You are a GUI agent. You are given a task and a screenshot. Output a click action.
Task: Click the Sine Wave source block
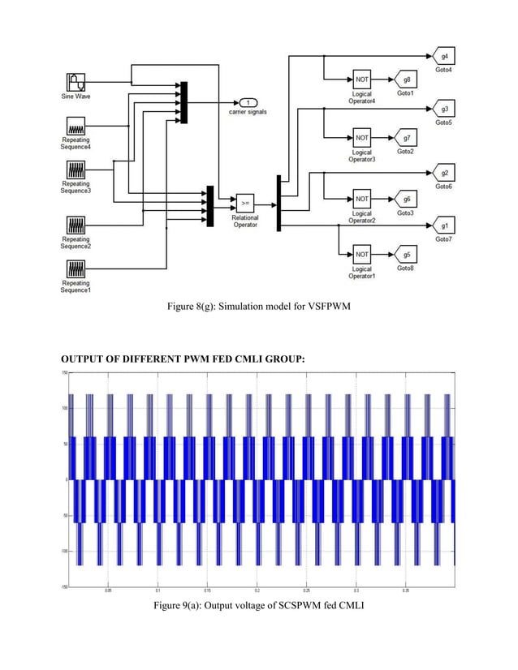pyautogui.click(x=75, y=82)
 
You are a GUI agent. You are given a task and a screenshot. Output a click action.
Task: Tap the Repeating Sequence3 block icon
pyautogui.click(x=75, y=171)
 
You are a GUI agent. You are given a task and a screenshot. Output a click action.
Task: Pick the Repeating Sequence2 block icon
pyautogui.click(x=75, y=225)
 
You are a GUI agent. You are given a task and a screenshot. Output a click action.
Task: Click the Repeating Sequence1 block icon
pyautogui.click(x=75, y=269)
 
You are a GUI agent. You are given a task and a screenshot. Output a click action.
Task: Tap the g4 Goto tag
pyautogui.click(x=445, y=57)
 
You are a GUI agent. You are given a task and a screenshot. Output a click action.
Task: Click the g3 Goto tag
pyautogui.click(x=445, y=110)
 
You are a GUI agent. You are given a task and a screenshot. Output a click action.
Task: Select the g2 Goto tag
pyautogui.click(x=445, y=173)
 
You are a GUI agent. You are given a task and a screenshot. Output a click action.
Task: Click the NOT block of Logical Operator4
pyautogui.click(x=361, y=80)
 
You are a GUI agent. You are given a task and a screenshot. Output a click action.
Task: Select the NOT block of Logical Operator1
pyautogui.click(x=361, y=254)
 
